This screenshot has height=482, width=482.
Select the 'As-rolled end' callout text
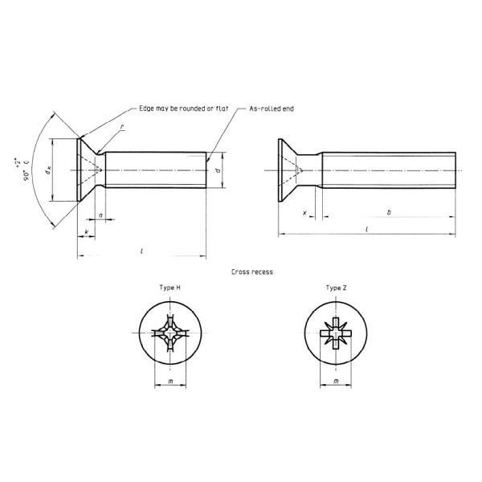click(x=272, y=108)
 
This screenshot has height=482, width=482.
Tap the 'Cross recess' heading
click(x=251, y=272)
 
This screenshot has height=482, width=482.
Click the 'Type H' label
click(x=170, y=288)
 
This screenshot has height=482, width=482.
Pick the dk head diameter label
click(x=48, y=170)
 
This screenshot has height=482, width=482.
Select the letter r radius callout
click(x=121, y=127)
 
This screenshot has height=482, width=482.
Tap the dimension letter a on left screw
click(x=100, y=214)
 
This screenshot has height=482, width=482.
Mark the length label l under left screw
click(x=141, y=251)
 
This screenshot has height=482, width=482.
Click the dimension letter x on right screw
click(x=305, y=213)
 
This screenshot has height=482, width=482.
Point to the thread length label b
click(x=389, y=213)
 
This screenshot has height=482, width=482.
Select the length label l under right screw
click(x=366, y=230)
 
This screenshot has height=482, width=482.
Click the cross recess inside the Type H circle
click(x=170, y=332)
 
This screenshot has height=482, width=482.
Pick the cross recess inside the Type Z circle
click(x=336, y=332)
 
